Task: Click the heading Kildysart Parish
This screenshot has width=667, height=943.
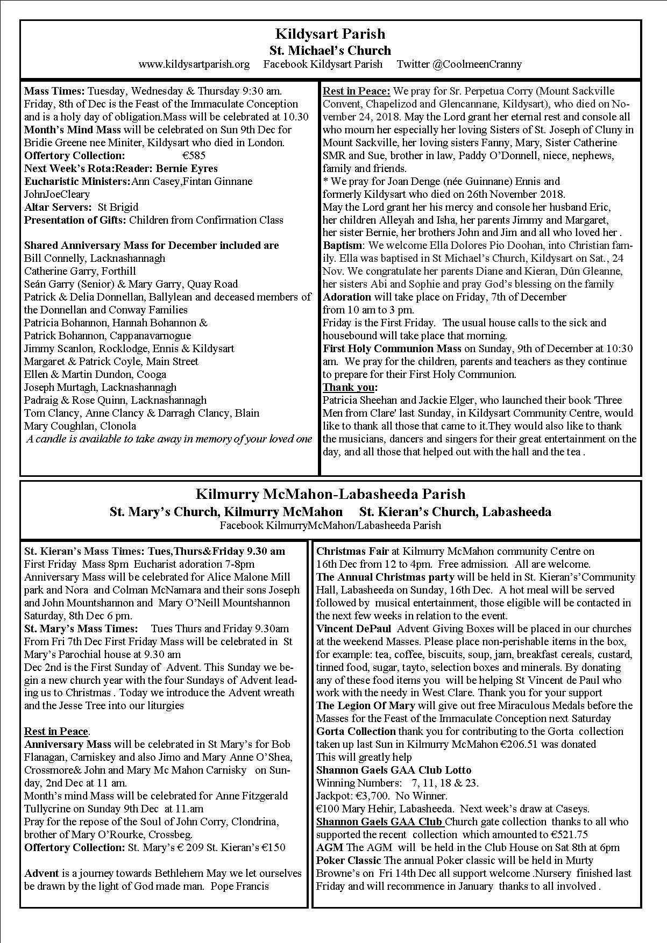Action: pos(330,34)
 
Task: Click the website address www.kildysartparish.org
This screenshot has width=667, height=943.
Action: pos(194,65)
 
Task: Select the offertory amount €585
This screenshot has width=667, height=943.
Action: pos(194,156)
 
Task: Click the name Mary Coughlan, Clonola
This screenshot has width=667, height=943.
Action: pos(80,426)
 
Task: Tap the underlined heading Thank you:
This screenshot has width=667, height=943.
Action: pos(350,388)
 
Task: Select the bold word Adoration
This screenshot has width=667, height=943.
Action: pos(347,297)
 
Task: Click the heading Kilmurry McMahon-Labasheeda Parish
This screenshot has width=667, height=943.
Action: pos(330,494)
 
